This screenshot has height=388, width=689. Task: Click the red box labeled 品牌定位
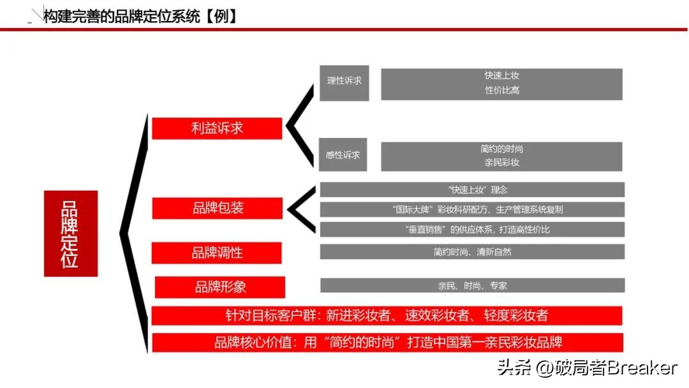70,234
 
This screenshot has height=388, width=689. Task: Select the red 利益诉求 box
217,128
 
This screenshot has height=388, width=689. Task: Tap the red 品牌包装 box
217,208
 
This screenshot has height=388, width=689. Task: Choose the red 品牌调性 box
217,253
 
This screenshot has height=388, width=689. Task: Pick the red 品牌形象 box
220,287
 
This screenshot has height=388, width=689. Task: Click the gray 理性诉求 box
344,82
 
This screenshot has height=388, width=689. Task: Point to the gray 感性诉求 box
343,154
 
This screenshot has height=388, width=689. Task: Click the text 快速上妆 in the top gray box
501,76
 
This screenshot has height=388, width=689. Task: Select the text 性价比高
501,91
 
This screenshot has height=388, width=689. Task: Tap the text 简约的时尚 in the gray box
501,149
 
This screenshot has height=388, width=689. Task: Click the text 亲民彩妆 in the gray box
501,163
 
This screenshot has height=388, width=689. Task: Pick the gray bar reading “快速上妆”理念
472,190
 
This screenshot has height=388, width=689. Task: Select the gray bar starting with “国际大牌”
472,209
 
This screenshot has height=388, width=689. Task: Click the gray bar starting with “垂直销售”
472,229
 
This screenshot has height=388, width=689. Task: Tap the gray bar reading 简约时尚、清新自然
472,251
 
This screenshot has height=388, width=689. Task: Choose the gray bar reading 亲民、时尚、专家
472,285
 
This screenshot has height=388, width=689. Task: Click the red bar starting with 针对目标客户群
387,315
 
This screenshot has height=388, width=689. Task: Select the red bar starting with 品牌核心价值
387,342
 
